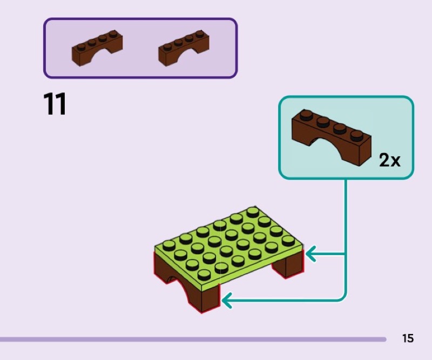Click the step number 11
[55, 104]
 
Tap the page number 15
[408, 338]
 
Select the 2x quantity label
[389, 160]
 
